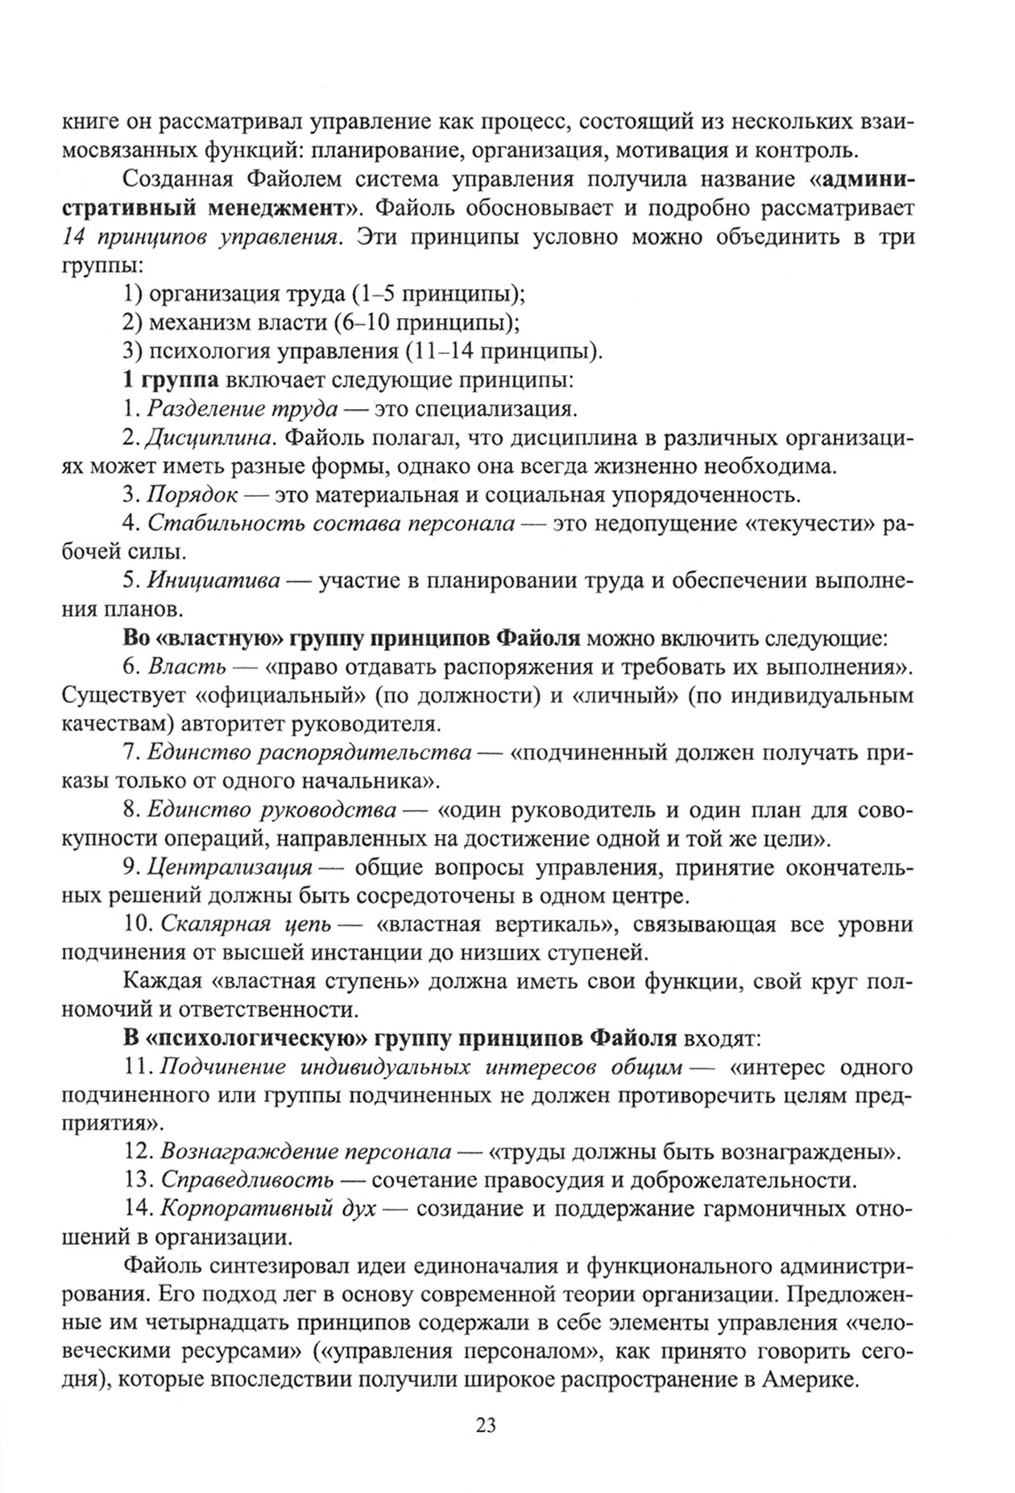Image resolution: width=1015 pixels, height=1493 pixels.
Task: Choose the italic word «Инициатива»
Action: (x=213, y=581)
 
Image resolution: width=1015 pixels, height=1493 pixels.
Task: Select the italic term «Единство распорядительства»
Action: (x=309, y=753)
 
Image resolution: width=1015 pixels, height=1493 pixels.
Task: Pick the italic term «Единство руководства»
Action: (x=271, y=810)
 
